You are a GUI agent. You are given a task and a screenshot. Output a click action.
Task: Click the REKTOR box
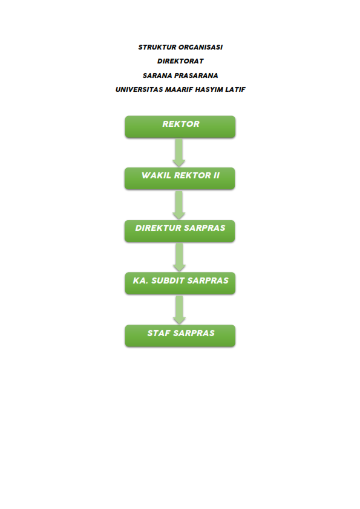180,126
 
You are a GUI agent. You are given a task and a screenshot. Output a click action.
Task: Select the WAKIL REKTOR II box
180,178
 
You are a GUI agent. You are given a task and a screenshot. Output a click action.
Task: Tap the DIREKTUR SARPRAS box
180,231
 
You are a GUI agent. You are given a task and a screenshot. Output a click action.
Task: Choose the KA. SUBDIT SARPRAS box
180,283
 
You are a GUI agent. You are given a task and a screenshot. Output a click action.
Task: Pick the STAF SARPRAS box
180,336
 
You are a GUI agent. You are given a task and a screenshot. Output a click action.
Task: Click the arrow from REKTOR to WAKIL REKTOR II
179,152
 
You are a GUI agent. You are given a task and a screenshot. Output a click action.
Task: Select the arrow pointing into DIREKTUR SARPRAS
179,205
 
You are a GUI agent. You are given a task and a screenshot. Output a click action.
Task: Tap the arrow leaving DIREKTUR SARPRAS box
179,258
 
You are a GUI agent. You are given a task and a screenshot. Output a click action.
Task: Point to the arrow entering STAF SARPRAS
179,310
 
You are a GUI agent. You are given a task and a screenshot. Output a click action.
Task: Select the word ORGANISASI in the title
201,47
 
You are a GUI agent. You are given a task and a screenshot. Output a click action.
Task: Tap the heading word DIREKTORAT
180,61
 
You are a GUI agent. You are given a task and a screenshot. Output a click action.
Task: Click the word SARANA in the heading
157,76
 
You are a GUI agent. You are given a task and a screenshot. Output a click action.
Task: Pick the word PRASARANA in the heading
196,76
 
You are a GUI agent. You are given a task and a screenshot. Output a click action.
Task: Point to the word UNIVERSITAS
139,89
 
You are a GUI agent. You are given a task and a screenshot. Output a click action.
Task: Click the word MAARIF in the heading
178,89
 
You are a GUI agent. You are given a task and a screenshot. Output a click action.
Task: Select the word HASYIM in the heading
209,89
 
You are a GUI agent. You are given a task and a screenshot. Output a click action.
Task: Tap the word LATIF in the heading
235,89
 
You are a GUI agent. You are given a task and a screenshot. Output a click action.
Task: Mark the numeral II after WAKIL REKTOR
217,175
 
